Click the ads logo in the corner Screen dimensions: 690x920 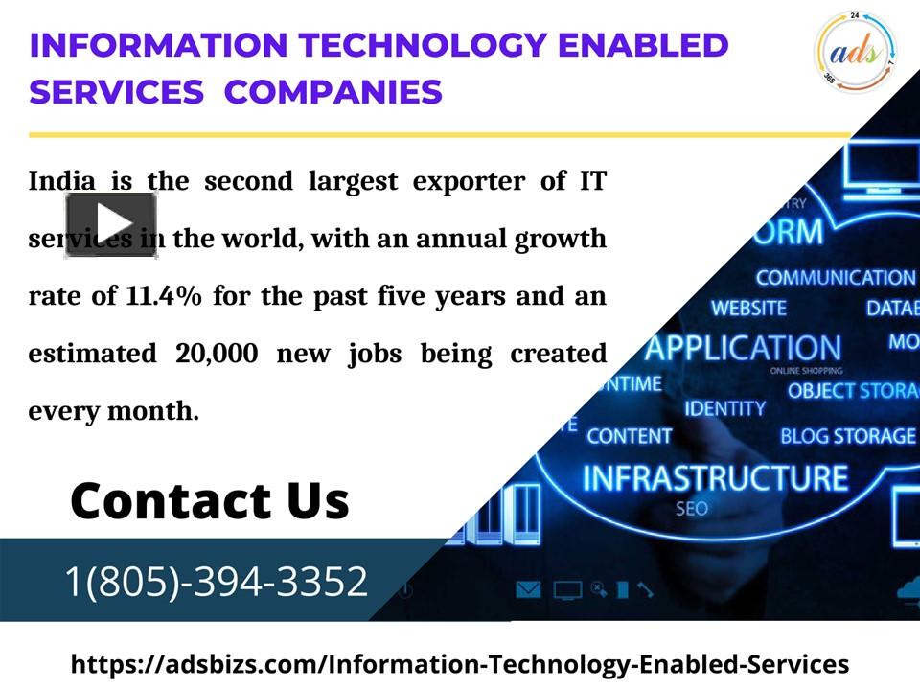(x=856, y=50)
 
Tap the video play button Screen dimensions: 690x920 (x=111, y=224)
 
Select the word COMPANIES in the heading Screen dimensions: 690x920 (x=333, y=92)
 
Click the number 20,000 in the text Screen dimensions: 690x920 (x=217, y=354)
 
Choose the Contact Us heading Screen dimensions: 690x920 (x=210, y=500)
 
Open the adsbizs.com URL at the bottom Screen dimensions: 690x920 (x=460, y=664)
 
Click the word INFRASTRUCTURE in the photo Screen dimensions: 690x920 (x=715, y=477)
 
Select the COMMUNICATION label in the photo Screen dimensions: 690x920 (x=835, y=278)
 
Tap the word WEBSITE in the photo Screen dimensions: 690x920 (x=748, y=309)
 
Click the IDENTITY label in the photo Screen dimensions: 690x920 (x=725, y=408)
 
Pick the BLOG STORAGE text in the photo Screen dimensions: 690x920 (x=847, y=436)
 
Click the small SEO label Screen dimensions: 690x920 (x=692, y=509)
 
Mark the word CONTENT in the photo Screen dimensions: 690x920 (x=630, y=436)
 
